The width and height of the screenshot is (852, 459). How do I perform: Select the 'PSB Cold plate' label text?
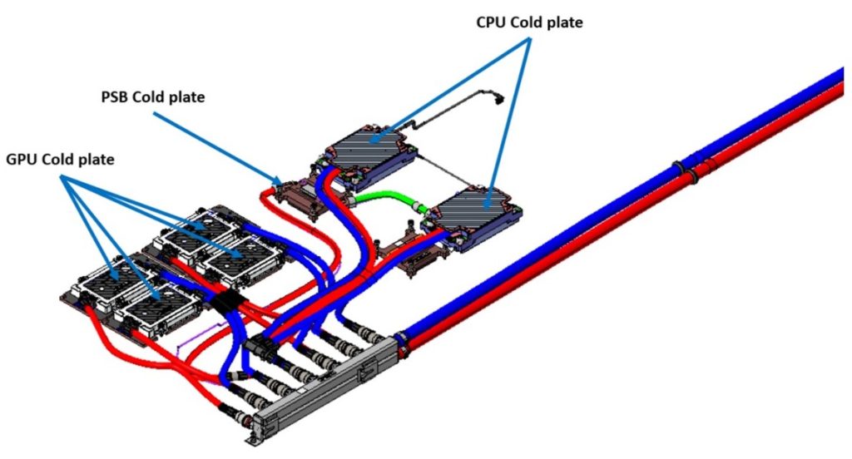point(149,96)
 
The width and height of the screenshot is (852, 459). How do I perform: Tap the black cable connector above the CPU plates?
point(501,101)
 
